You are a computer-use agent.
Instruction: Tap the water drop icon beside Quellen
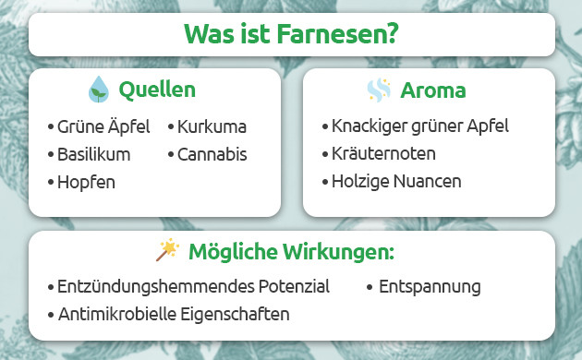97,90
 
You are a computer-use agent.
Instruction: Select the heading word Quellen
157,90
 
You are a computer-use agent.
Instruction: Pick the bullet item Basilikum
93,154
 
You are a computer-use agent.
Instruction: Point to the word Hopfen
86,182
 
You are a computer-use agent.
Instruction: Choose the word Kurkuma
212,127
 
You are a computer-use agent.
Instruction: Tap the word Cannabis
212,154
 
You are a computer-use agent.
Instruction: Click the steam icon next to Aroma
379,90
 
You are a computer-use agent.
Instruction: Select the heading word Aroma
432,90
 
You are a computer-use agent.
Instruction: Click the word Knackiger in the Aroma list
370,126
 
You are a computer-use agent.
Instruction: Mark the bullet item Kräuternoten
383,153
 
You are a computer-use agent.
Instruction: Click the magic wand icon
167,250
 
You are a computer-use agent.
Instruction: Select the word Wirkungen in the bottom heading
340,252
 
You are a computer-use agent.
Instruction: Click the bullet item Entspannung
430,287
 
